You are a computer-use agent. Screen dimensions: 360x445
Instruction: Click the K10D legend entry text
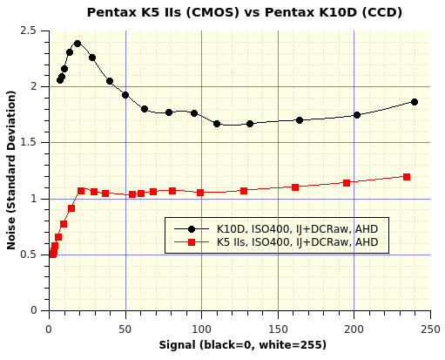(x=298, y=228)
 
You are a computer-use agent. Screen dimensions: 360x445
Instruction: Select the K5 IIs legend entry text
(x=298, y=241)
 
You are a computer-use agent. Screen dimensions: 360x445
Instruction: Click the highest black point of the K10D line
(x=78, y=44)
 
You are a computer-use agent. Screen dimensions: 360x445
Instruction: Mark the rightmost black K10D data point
(x=415, y=102)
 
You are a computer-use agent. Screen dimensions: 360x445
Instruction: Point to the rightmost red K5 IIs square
(x=407, y=177)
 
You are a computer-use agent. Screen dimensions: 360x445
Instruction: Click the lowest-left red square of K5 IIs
(x=52, y=254)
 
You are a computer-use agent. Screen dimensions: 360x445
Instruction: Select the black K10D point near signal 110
(x=217, y=124)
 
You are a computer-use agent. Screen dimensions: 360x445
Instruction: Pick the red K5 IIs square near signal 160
(x=295, y=187)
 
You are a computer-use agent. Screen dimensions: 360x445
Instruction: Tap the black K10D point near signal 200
(x=357, y=115)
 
